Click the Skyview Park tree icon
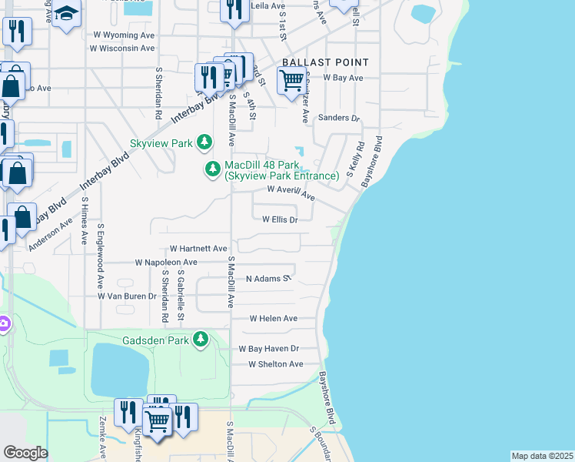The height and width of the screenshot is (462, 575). pyautogui.click(x=204, y=142)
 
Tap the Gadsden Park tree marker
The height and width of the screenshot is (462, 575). pyautogui.click(x=201, y=339)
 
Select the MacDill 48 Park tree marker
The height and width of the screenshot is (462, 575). pyautogui.click(x=214, y=169)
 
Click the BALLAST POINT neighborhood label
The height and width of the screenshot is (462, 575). pyautogui.click(x=325, y=62)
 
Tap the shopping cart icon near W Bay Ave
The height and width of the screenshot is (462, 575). pyautogui.click(x=291, y=80)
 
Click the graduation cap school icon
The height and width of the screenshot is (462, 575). pyautogui.click(x=67, y=14)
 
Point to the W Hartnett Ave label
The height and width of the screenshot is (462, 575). pyautogui.click(x=198, y=249)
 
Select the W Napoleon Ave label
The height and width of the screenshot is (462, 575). pyautogui.click(x=166, y=263)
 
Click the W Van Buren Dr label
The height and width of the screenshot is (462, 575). pyautogui.click(x=127, y=296)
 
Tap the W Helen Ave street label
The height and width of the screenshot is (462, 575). pyautogui.click(x=273, y=318)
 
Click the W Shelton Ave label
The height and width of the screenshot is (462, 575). pyautogui.click(x=275, y=364)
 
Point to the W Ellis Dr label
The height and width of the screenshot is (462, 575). pyautogui.click(x=280, y=219)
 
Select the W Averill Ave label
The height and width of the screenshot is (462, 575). pyautogui.click(x=291, y=192)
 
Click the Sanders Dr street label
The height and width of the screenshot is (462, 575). pyautogui.click(x=339, y=118)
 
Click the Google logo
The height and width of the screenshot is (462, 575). pyautogui.click(x=25, y=453)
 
